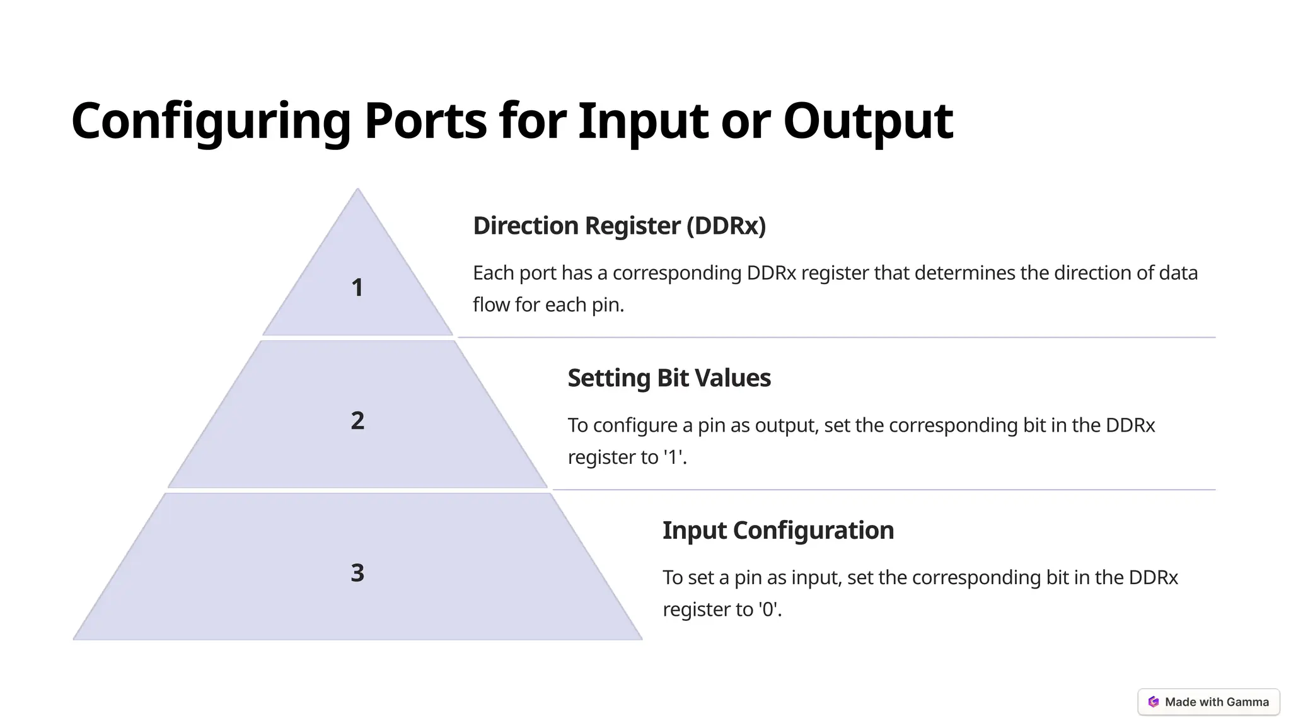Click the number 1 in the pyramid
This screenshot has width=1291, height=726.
357,288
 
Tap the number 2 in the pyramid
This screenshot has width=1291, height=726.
357,421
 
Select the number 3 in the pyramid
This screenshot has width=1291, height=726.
357,573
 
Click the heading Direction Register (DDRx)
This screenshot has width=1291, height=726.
619,226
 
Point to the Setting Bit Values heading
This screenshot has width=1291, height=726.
669,378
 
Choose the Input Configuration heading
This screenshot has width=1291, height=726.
778,530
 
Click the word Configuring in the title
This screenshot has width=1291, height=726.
211,121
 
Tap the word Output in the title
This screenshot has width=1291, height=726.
867,121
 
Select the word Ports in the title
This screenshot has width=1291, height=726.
426,121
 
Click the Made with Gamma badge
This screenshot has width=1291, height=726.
1208,702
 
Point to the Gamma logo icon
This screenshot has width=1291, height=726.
1154,702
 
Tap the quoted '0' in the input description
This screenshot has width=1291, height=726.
768,609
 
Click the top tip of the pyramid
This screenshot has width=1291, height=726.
357,190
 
